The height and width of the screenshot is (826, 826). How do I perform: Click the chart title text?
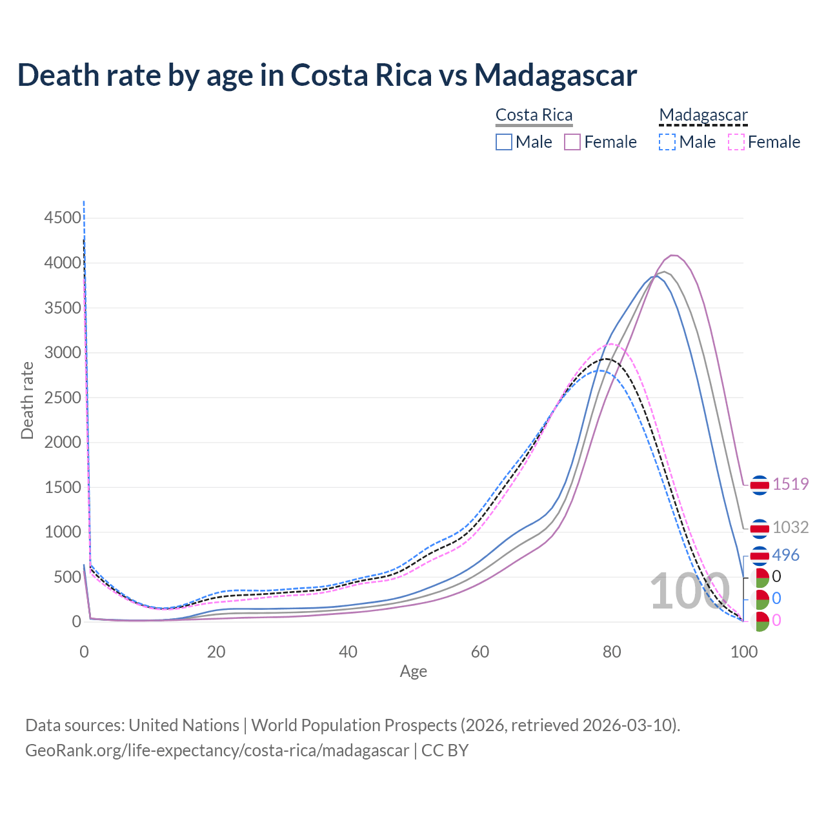pyautogui.click(x=327, y=76)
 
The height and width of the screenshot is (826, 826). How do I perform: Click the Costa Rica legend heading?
pyautogui.click(x=534, y=115)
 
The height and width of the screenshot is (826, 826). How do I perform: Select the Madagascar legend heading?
pyautogui.click(x=703, y=115)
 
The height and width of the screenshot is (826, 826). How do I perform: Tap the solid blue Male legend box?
pyautogui.click(x=504, y=142)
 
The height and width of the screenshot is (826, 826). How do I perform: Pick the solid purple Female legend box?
pyautogui.click(x=573, y=142)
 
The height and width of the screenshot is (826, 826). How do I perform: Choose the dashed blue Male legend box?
pyautogui.click(x=667, y=142)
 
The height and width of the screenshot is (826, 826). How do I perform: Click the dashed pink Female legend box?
pyautogui.click(x=736, y=142)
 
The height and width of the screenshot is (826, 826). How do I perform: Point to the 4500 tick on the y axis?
pyautogui.click(x=62, y=218)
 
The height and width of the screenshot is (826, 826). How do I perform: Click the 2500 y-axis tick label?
pyautogui.click(x=62, y=398)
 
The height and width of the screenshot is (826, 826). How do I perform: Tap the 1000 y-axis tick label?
pyautogui.click(x=62, y=532)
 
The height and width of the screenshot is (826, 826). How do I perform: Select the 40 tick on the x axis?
pyautogui.click(x=348, y=652)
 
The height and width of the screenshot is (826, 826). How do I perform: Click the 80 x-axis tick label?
pyautogui.click(x=612, y=652)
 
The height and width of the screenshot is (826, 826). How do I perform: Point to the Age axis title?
pyautogui.click(x=413, y=672)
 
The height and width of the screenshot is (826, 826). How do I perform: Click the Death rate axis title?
pyautogui.click(x=27, y=400)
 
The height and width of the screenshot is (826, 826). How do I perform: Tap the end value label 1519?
pyautogui.click(x=791, y=484)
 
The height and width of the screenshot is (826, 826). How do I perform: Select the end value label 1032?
pyautogui.click(x=791, y=527)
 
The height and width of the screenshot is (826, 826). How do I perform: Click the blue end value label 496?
pyautogui.click(x=785, y=555)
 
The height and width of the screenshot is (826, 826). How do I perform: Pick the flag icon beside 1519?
pyautogui.click(x=760, y=485)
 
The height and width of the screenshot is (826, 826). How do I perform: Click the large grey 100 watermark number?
pyautogui.click(x=689, y=592)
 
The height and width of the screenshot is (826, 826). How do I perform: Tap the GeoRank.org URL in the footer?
pyautogui.click(x=217, y=750)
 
